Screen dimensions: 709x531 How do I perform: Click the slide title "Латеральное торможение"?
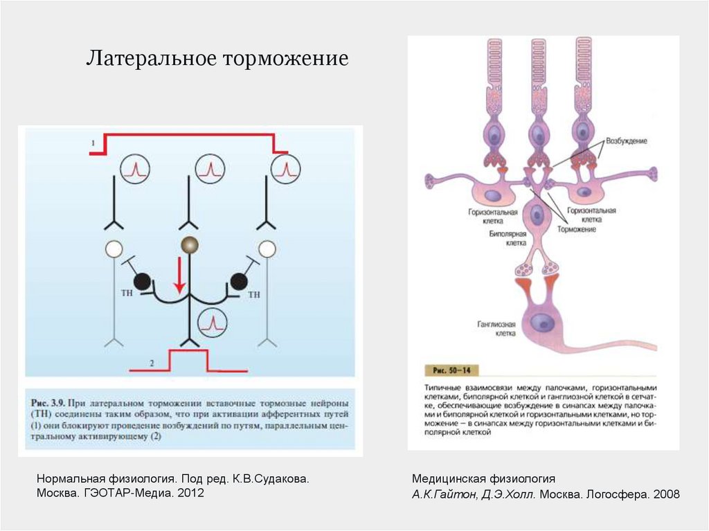tap(216, 58)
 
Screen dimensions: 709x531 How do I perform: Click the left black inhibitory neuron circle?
tap(143, 281)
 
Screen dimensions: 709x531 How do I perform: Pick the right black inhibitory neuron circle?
tap(239, 281)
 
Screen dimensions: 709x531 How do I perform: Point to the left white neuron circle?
tap(113, 248)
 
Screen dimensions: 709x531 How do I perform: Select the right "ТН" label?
tap(254, 294)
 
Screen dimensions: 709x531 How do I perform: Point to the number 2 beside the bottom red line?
tap(150, 363)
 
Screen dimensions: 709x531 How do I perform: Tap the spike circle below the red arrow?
tap(213, 321)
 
